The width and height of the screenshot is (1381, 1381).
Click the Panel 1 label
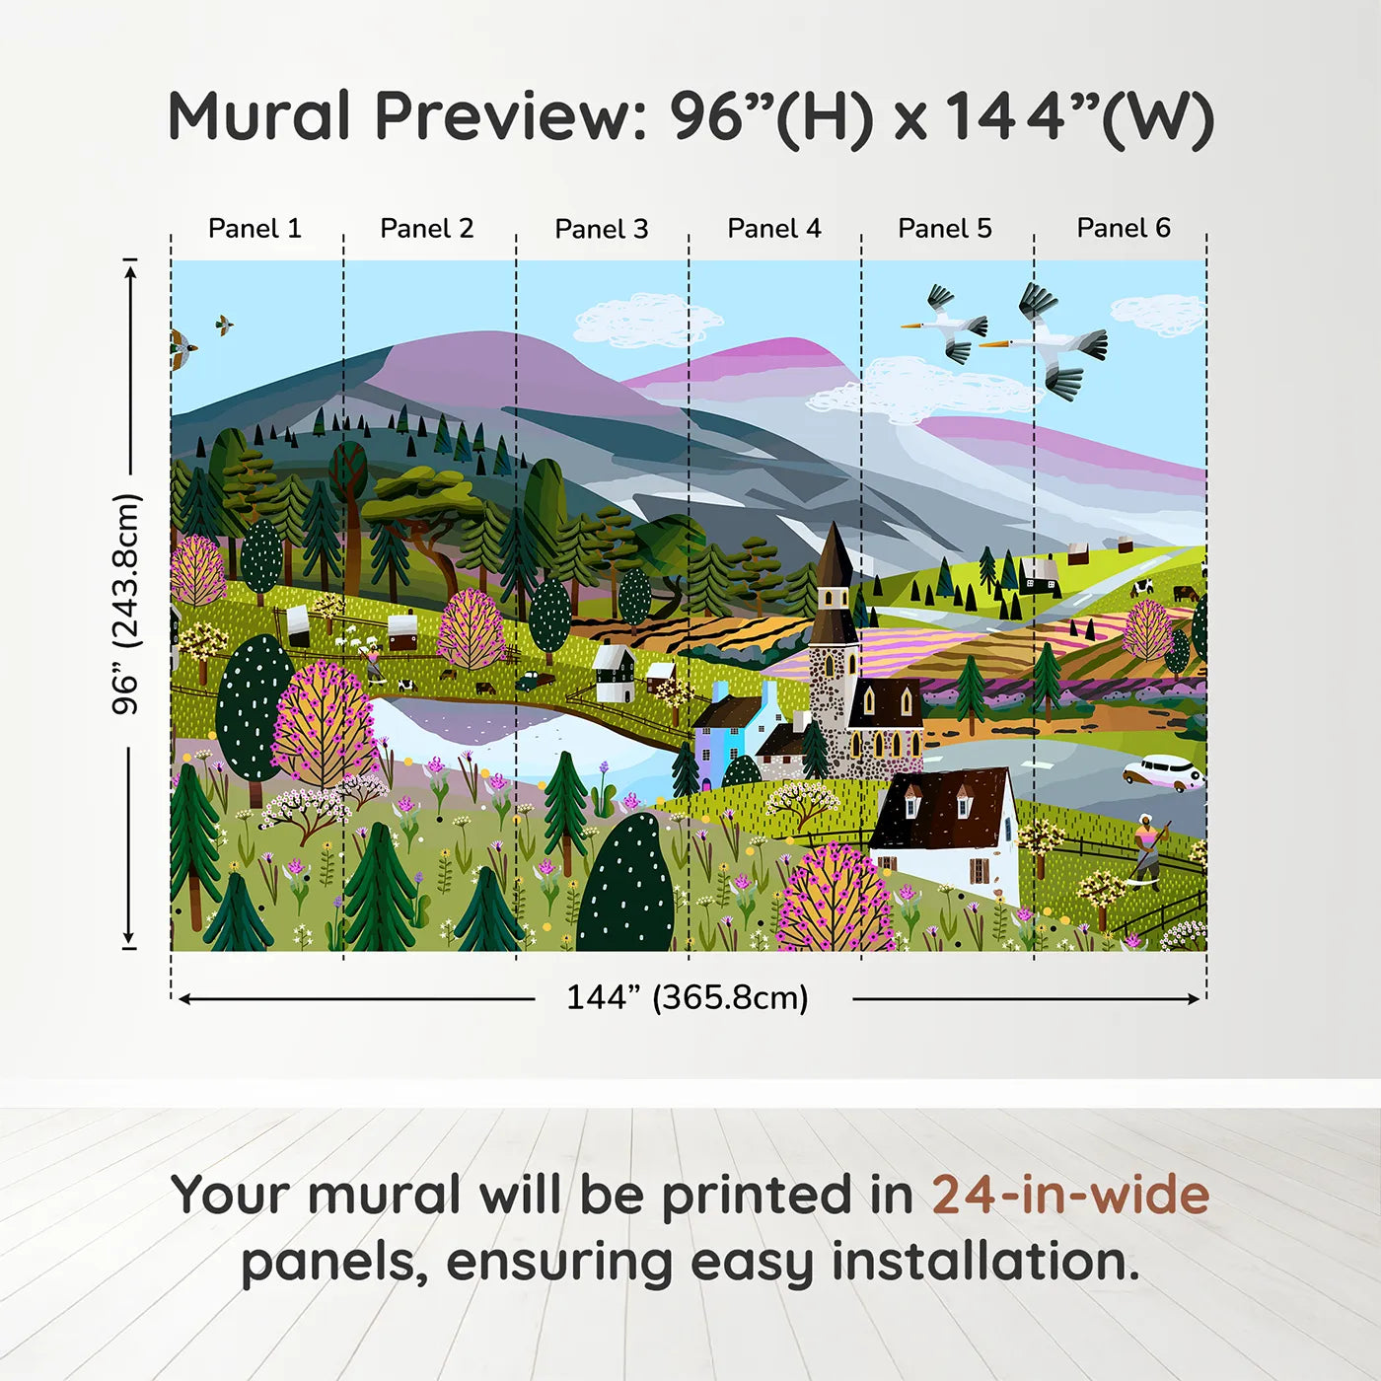click(254, 228)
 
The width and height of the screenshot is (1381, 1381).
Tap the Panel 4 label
click(773, 228)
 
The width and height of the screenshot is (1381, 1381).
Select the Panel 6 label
click(1123, 228)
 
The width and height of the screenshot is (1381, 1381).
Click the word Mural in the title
click(258, 115)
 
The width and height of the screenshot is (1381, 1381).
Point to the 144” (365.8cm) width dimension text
click(687, 997)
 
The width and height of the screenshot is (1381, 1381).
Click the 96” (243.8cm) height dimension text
click(126, 604)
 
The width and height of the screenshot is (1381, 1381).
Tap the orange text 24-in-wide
click(1070, 1195)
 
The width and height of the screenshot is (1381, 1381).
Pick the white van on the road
click(1163, 771)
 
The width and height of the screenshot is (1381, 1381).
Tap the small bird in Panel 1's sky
click(225, 324)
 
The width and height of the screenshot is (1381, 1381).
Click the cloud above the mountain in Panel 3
click(646, 321)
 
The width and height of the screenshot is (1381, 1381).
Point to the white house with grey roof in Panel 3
click(614, 672)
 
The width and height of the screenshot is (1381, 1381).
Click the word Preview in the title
click(509, 115)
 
